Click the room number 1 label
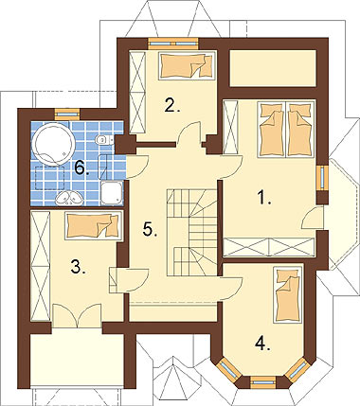click(x=263, y=198)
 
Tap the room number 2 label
click(x=171, y=105)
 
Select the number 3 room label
click(x=78, y=268)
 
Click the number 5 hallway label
click(x=150, y=229)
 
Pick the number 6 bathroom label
click(x=81, y=168)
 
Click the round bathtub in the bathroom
click(x=54, y=144)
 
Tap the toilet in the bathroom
click(x=104, y=139)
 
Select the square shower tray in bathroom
click(x=112, y=192)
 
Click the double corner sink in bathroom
click(x=69, y=198)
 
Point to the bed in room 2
click(x=188, y=65)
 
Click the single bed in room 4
click(x=288, y=294)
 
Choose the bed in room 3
click(x=94, y=226)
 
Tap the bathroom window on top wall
click(x=67, y=115)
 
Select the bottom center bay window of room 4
click(x=262, y=381)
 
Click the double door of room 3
click(x=77, y=315)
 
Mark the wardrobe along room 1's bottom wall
click(x=269, y=247)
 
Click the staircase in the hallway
click(x=192, y=233)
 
